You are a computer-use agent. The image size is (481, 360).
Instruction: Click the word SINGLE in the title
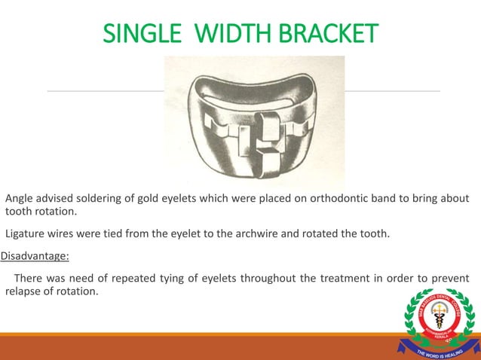pyautogui.click(x=141, y=33)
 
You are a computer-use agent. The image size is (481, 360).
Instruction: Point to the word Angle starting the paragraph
pyautogui.click(x=20, y=199)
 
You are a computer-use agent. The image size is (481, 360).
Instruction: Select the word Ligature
pyautogui.click(x=28, y=233)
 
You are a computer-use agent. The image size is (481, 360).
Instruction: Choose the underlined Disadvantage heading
pyautogui.click(x=35, y=256)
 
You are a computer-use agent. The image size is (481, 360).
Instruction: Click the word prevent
pyautogui.click(x=449, y=279)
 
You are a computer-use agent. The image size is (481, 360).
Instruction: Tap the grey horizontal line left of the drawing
pyautogui.click(x=106, y=91)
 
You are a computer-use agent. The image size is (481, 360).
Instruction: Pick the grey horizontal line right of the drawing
pyautogui.click(x=392, y=91)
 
